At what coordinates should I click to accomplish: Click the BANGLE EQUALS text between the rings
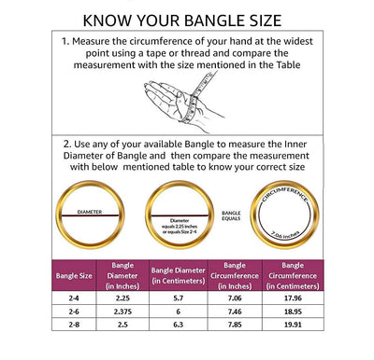point(231,217)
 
